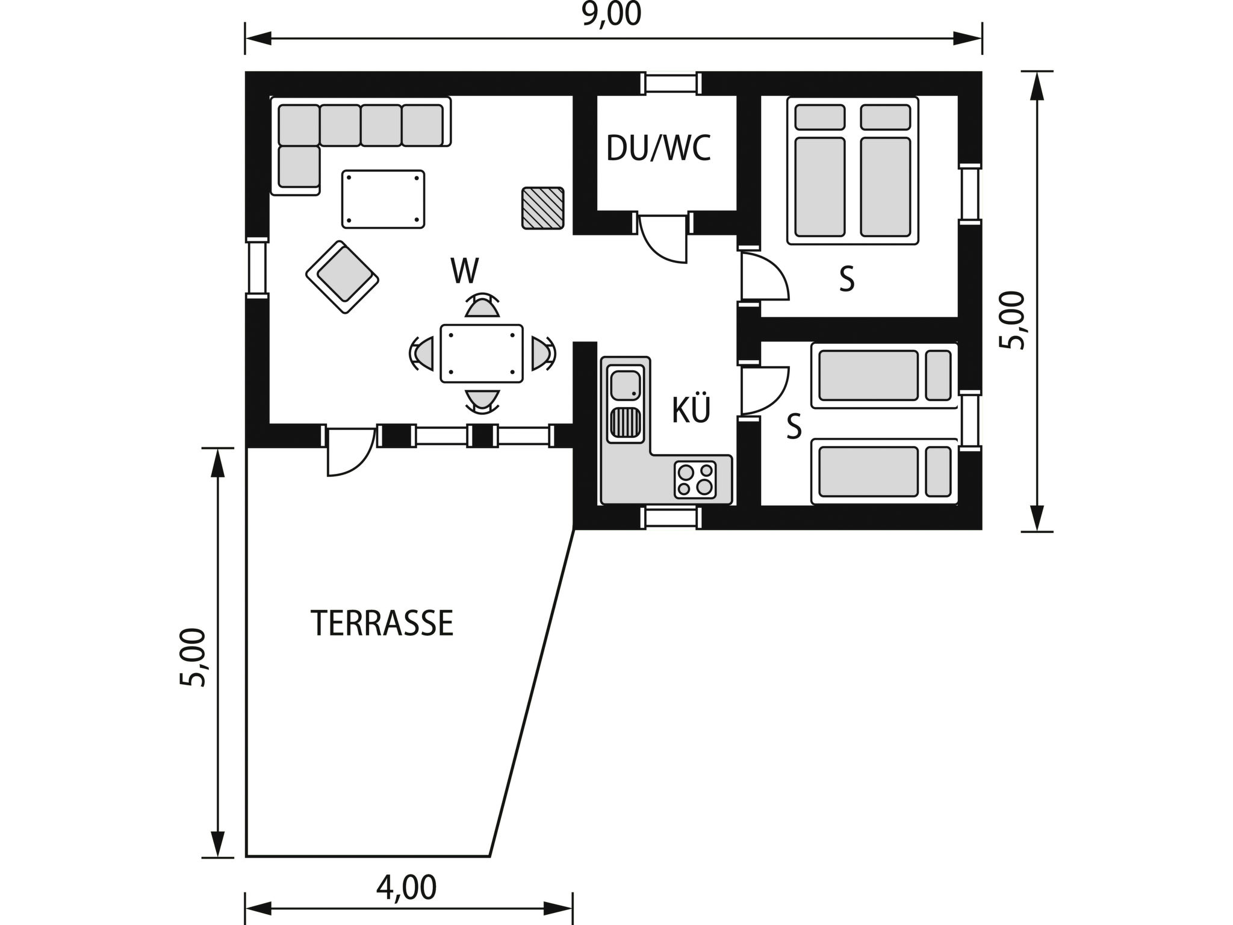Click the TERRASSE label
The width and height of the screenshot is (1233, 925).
[382, 623]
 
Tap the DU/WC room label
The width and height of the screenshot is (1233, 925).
[658, 148]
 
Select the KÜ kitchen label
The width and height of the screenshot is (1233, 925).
[691, 410]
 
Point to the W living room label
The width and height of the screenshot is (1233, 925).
[465, 272]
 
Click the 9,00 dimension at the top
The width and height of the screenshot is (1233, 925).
[612, 14]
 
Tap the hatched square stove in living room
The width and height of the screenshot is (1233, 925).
[542, 208]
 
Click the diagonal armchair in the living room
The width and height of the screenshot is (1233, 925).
[342, 277]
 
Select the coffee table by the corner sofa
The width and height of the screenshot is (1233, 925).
[383, 199]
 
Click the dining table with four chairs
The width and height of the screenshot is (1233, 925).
[481, 353]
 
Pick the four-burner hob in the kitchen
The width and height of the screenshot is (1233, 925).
[695, 479]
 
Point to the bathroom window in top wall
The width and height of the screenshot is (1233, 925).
[671, 84]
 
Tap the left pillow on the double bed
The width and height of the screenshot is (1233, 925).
[819, 117]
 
